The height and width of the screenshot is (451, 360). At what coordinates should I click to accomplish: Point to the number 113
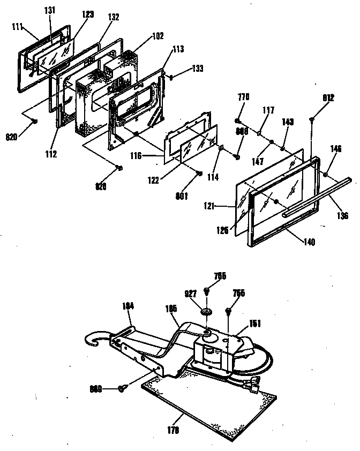[x=178, y=49]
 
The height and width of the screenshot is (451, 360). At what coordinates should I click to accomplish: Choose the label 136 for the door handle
[x=342, y=216]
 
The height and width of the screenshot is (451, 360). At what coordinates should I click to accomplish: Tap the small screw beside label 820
[x=34, y=122]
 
